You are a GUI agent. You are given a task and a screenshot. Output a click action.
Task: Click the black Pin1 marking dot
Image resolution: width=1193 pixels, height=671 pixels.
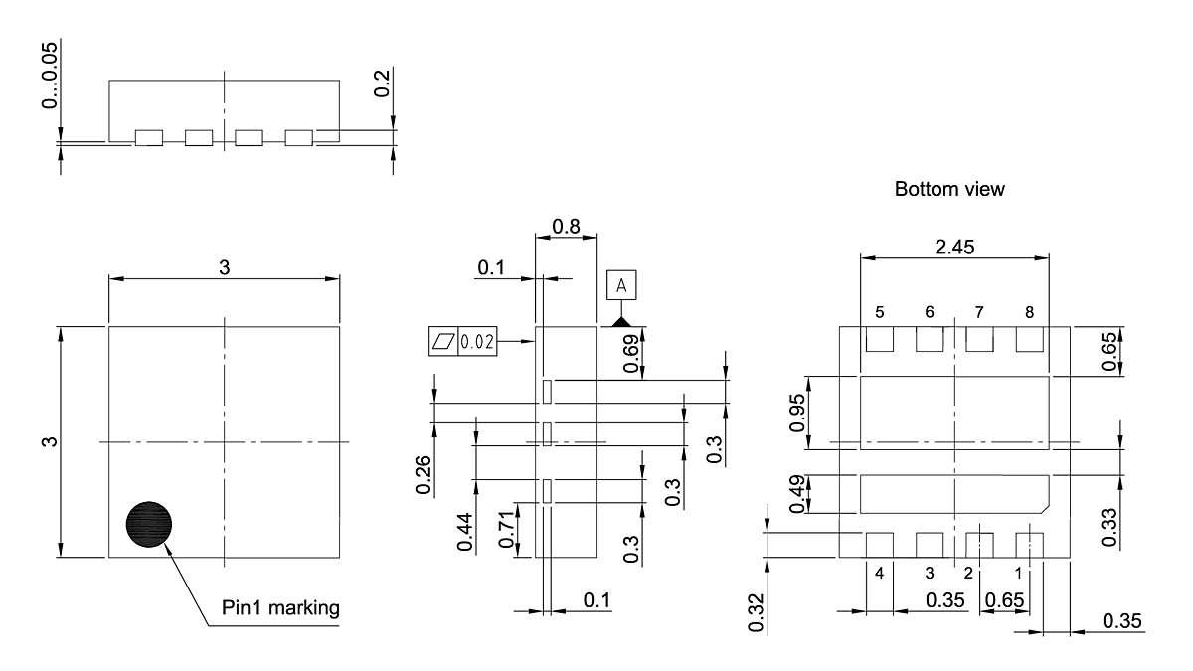(149, 524)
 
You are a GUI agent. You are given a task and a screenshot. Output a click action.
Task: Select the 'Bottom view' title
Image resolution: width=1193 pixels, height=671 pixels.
(949, 189)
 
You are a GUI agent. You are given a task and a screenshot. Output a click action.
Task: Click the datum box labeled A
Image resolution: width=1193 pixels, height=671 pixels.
(622, 286)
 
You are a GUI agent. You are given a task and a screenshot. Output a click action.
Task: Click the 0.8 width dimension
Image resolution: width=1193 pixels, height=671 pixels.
(566, 226)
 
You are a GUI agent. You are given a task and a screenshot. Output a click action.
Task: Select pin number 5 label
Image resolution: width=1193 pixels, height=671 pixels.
(880, 312)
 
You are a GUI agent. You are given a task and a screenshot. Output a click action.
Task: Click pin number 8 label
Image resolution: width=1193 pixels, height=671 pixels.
(1029, 312)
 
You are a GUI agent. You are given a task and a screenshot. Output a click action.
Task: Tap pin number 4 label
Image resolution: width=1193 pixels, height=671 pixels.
(880, 574)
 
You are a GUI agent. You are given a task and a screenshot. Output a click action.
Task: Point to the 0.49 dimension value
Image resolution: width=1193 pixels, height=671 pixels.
(795, 494)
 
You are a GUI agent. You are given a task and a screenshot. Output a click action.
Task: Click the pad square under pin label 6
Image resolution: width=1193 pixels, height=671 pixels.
(929, 339)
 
